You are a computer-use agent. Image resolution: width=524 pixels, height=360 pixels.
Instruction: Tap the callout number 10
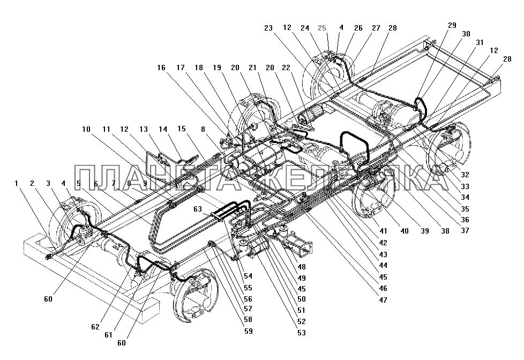(86, 129)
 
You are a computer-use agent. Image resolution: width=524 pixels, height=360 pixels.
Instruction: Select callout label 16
(161, 69)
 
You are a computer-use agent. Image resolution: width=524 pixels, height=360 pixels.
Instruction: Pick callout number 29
(453, 26)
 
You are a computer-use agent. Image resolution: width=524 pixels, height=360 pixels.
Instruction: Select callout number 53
(302, 333)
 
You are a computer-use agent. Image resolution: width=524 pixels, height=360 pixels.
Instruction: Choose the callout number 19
(216, 69)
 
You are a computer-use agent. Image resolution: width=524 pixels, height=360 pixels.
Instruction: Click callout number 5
(79, 183)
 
